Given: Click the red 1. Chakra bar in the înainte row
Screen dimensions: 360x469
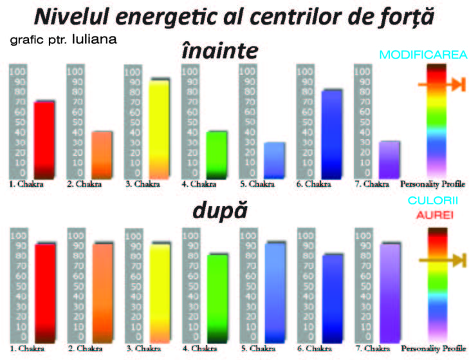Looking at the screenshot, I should [44, 139].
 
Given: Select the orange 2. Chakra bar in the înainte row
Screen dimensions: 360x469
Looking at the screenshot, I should [101, 155].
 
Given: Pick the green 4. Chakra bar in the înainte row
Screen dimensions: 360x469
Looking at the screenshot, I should [216, 155].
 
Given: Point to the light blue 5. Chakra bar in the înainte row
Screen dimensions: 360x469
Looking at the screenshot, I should [273, 160].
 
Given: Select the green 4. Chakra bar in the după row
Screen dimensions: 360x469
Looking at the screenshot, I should [216, 299].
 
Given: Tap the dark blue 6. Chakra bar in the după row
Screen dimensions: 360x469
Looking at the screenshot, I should [331, 299].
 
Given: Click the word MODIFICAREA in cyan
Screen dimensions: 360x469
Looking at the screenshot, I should [423, 55].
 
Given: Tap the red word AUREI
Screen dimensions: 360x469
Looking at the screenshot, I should [432, 215].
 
